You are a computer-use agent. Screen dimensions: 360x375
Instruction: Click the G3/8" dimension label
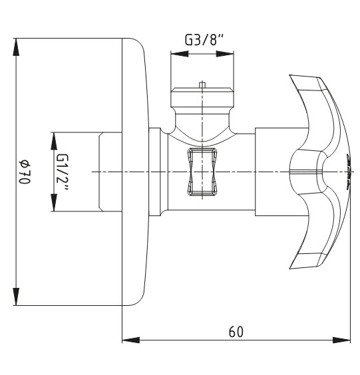coord(204,39)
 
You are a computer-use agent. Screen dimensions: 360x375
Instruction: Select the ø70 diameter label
coord(25,172)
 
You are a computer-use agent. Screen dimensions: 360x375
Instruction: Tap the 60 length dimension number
coord(236,332)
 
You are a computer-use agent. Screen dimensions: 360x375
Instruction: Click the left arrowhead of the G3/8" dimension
coord(179,54)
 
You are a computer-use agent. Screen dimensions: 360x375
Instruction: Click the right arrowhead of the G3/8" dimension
coord(225,54)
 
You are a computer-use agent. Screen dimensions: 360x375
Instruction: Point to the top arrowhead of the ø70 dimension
coord(16,47)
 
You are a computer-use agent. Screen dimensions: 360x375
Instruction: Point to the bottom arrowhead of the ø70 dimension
coord(16,297)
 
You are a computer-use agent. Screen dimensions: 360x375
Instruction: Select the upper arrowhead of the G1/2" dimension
coord(54,141)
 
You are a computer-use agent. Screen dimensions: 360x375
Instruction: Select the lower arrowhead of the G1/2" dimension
coord(54,202)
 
